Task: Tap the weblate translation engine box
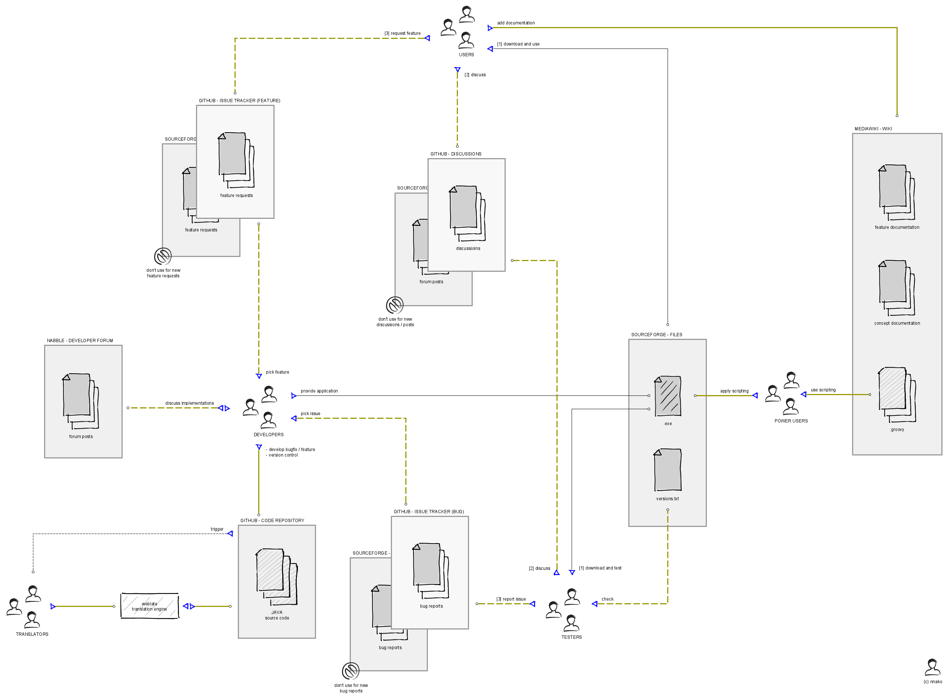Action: pos(150,606)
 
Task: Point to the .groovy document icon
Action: pos(897,395)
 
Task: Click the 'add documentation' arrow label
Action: pos(516,23)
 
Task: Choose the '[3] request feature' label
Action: pos(402,33)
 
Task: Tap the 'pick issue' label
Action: pos(310,414)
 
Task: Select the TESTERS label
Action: pos(571,637)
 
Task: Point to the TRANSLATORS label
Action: pos(32,634)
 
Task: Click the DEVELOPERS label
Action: pos(268,435)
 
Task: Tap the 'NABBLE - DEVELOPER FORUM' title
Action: pos(80,341)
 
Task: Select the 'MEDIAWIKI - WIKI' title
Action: pos(873,129)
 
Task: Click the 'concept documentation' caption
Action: pos(897,324)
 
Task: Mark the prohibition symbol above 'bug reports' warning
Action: pos(350,671)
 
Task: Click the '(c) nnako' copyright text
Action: pos(933,681)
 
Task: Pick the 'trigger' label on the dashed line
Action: pos(217,530)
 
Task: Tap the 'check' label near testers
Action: pos(607,599)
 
